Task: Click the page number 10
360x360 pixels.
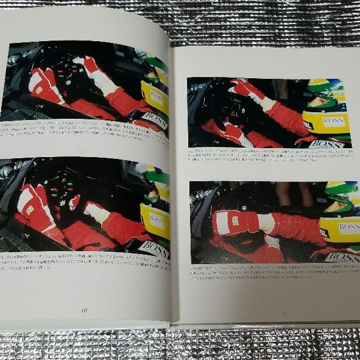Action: point(84,310)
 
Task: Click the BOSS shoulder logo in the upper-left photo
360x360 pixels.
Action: point(154,121)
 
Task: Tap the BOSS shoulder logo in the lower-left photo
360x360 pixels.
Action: point(154,249)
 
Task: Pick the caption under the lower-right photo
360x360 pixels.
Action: point(272,276)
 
